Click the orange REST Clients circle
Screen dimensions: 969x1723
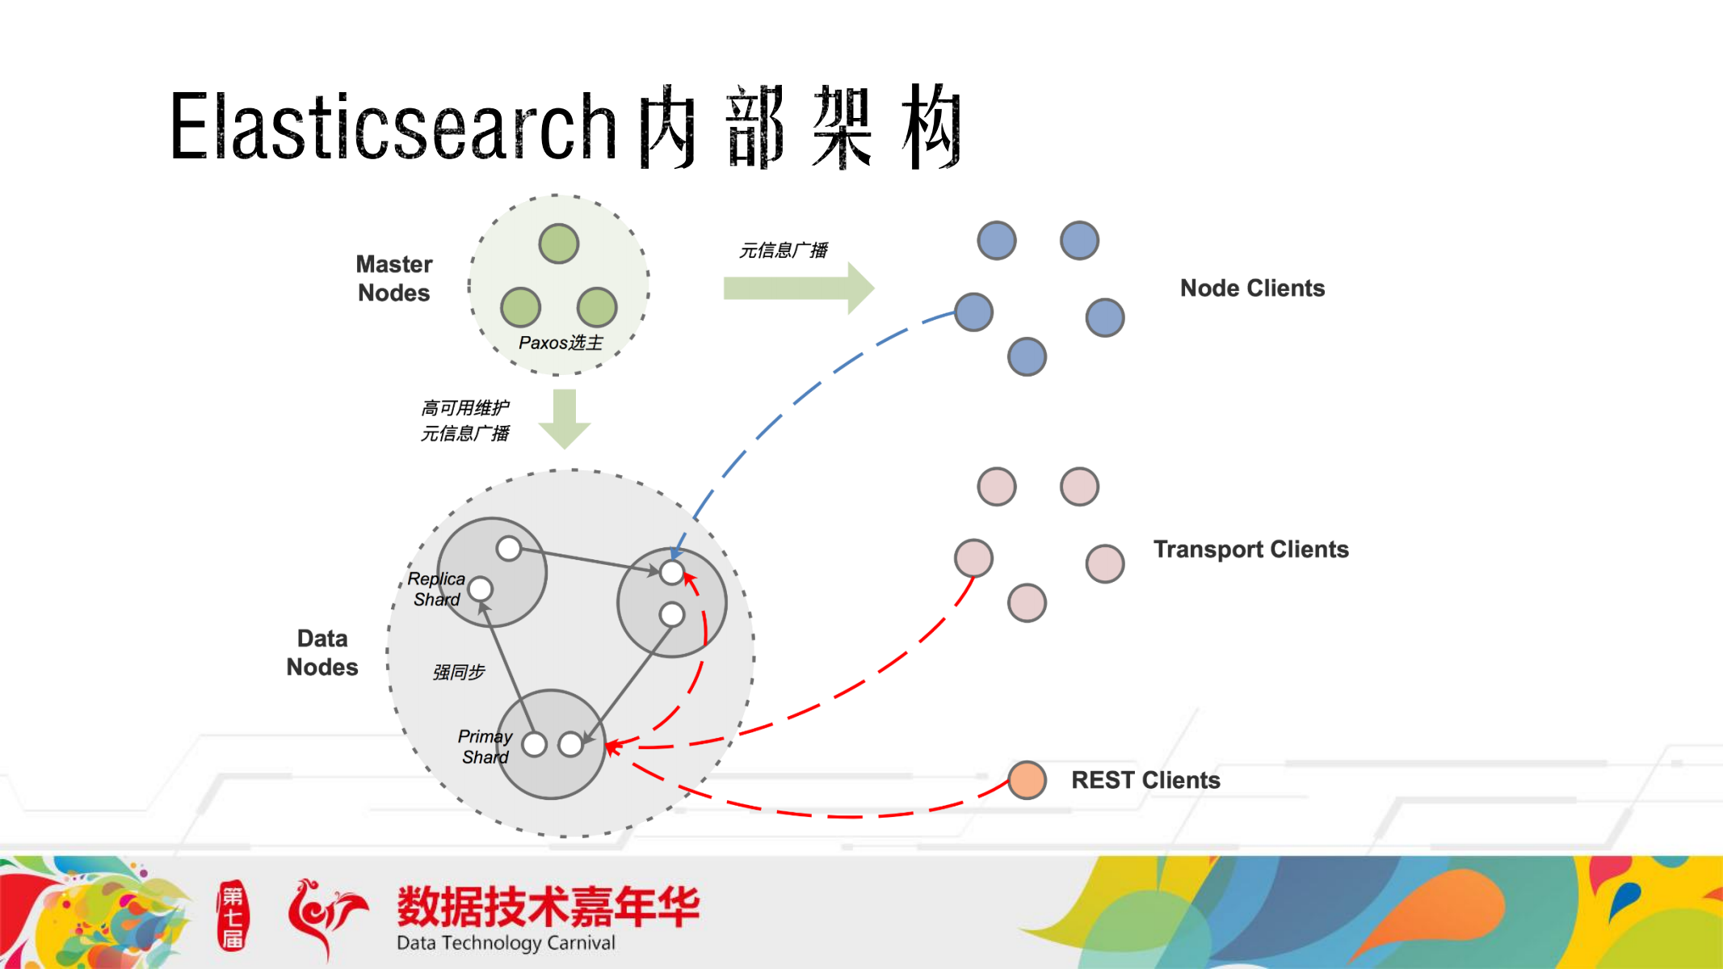click(x=1027, y=780)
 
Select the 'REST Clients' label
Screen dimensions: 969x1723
click(x=1145, y=780)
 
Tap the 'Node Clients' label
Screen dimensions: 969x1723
click(x=1252, y=288)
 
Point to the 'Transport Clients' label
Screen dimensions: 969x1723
click(x=1250, y=550)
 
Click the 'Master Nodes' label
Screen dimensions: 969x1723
click(x=394, y=278)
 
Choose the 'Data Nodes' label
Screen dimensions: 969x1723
click(x=322, y=652)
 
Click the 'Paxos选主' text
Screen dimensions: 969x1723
click(x=561, y=343)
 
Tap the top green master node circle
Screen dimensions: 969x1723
click(x=559, y=243)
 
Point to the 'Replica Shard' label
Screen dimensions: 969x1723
click(x=436, y=589)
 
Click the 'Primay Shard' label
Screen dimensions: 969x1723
click(x=485, y=747)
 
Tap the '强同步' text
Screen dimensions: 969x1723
click(x=459, y=672)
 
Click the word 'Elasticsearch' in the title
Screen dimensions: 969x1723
click(x=393, y=127)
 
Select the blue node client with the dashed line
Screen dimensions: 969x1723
click(x=973, y=312)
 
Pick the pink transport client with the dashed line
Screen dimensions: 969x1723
click(x=973, y=558)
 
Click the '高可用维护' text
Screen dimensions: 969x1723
click(x=465, y=407)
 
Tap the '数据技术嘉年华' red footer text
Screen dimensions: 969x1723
click(x=548, y=906)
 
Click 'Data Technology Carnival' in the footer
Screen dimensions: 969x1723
click(x=506, y=943)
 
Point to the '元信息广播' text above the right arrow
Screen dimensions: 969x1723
click(x=784, y=251)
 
